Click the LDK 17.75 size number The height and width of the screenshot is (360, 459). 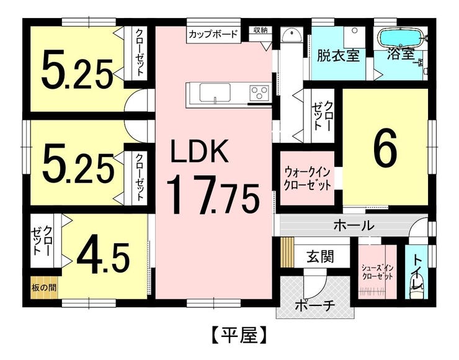coord(213,194)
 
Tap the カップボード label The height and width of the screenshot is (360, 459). coord(213,35)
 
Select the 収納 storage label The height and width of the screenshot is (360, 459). coord(261,30)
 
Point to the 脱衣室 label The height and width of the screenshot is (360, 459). coord(339,56)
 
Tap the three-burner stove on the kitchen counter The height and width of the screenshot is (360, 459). coord(259,93)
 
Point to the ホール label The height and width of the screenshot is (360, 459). coord(354,225)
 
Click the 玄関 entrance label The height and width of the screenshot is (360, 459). coord(320,256)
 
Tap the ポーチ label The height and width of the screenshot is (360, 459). coord(314,306)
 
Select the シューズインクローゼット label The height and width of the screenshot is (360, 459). coord(377,272)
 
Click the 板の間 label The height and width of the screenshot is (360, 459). coord(44,287)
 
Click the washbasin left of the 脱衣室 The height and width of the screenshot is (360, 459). coord(292,35)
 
